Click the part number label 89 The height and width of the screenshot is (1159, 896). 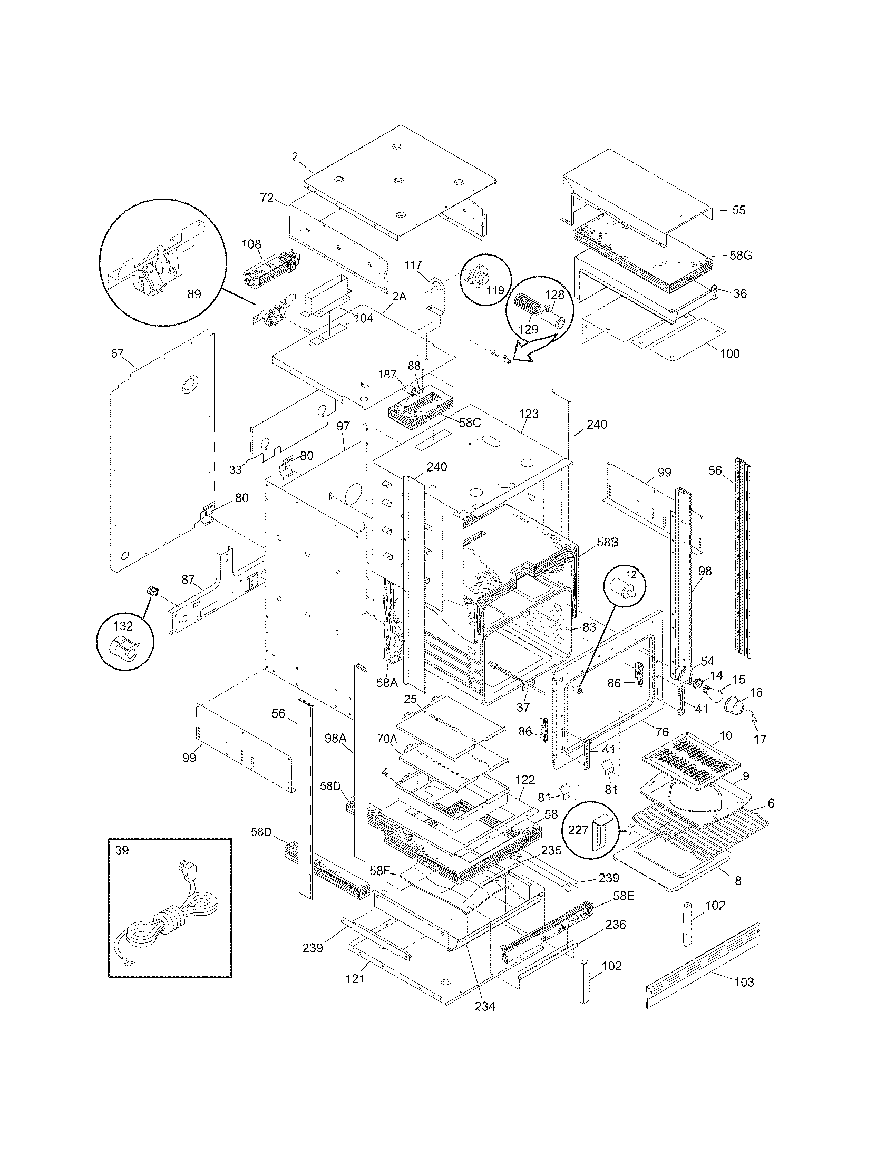(194, 294)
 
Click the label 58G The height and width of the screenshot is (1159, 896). (741, 256)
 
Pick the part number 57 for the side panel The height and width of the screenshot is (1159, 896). (118, 353)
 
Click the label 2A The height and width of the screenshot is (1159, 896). (399, 297)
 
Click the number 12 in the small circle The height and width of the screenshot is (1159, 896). (630, 574)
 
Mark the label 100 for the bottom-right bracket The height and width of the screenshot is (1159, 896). (729, 354)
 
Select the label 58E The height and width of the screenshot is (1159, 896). (624, 896)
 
